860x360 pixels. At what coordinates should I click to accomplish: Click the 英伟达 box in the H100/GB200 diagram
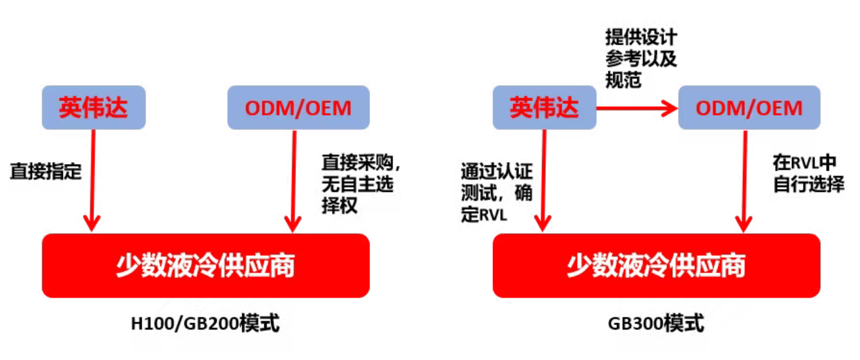click(x=94, y=107)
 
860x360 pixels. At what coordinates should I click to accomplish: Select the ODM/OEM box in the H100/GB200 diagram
click(x=298, y=107)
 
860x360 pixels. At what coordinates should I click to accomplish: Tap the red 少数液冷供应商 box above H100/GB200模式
click(x=205, y=265)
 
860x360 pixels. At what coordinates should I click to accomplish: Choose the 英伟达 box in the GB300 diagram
click(x=544, y=107)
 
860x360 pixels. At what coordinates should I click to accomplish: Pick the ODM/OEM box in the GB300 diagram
click(x=749, y=107)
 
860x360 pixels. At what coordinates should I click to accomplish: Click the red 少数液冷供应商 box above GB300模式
click(x=656, y=265)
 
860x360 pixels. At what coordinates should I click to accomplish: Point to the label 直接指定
click(x=46, y=172)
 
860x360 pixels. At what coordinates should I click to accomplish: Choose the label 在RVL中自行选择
click(x=808, y=173)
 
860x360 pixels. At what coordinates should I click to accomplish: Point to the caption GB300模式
click(x=656, y=324)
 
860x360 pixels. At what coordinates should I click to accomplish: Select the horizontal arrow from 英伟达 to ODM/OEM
click(x=636, y=109)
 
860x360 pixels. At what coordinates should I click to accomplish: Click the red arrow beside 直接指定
click(x=93, y=181)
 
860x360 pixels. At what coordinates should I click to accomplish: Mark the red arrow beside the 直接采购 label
click(x=293, y=181)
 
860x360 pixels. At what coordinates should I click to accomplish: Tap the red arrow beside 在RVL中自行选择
click(x=744, y=181)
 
